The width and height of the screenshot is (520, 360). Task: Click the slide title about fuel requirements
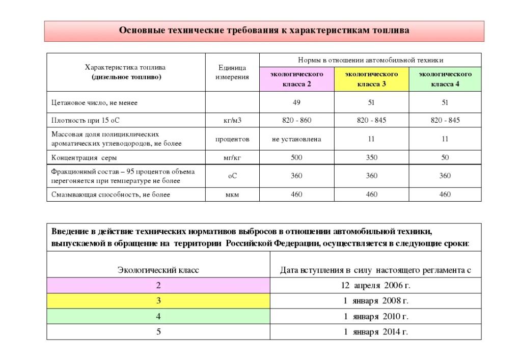(x=264, y=31)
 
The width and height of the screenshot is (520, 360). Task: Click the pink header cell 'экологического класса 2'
(x=296, y=79)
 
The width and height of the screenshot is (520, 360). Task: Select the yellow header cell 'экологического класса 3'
(x=371, y=79)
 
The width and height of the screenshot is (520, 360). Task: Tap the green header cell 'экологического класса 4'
(x=445, y=79)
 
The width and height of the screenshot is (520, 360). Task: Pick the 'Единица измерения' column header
(x=232, y=72)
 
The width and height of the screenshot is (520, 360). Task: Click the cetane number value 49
(x=296, y=102)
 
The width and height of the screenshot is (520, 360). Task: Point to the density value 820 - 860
(x=296, y=121)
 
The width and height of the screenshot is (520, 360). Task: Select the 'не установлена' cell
(x=296, y=139)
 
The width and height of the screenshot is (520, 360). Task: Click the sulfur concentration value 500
(x=296, y=157)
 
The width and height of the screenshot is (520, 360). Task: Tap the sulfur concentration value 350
(x=371, y=157)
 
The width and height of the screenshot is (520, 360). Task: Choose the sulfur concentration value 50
(x=445, y=157)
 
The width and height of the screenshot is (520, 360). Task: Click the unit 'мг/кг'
(x=232, y=157)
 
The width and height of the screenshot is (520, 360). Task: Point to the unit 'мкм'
(x=232, y=195)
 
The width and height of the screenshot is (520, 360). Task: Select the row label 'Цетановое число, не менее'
(x=94, y=102)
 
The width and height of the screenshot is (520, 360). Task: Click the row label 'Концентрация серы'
(x=85, y=157)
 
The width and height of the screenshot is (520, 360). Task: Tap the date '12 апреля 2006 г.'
(x=375, y=285)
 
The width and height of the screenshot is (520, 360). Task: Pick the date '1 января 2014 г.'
(x=375, y=332)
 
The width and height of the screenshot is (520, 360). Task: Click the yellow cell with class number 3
(x=158, y=301)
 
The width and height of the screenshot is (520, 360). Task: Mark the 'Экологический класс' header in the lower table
(x=158, y=270)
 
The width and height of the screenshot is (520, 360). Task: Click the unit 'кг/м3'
(x=232, y=121)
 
